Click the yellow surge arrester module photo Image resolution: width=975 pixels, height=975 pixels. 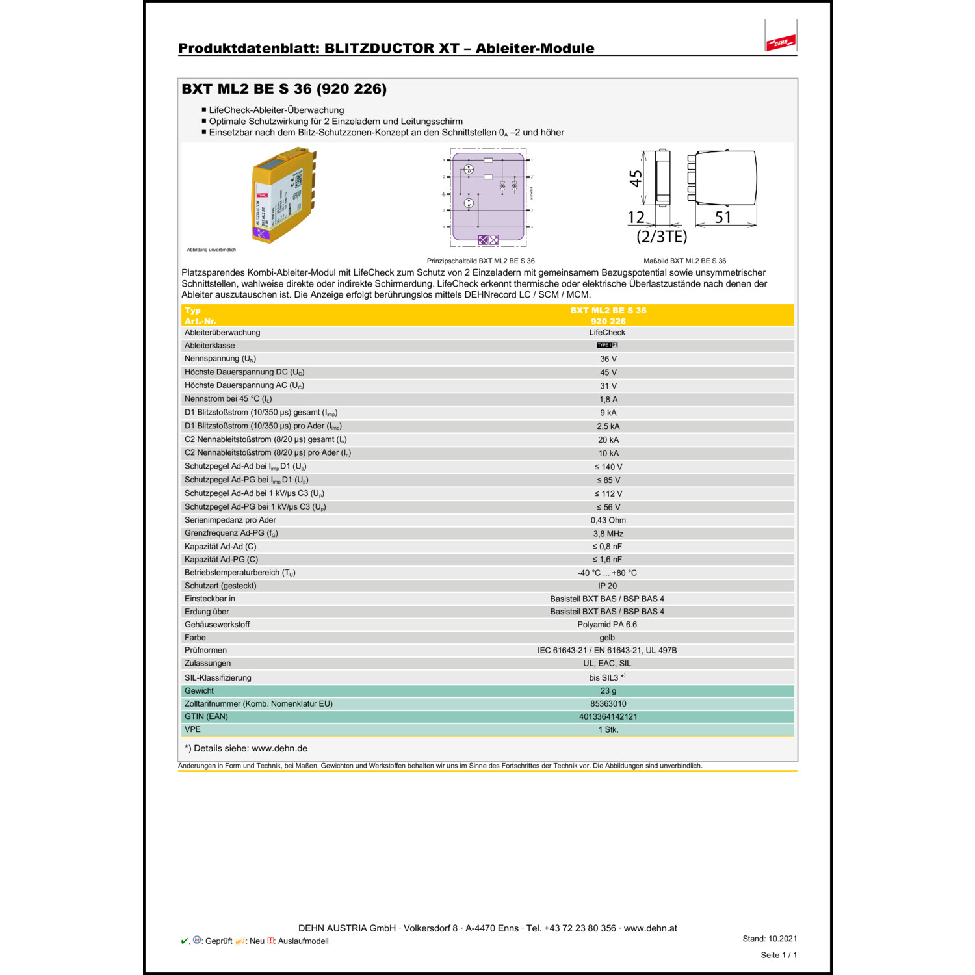click(285, 195)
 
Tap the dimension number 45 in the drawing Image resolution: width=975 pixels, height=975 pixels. click(636, 178)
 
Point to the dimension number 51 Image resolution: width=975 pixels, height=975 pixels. click(723, 217)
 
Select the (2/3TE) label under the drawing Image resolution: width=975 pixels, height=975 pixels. click(662, 237)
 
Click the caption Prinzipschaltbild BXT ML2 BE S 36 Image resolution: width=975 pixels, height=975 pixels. click(480, 261)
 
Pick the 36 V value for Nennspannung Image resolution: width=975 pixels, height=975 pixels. click(608, 359)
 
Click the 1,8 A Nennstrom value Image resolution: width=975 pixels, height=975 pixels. click(608, 399)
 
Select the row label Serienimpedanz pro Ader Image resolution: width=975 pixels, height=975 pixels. click(230, 520)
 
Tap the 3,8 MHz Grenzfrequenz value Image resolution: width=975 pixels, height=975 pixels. click(608, 534)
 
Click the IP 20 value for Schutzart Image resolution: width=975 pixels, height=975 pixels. click(607, 586)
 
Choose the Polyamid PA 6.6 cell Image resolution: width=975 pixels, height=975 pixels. click(607, 625)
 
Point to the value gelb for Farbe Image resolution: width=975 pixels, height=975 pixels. click(607, 638)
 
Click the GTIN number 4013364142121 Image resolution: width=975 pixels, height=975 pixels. click(608, 716)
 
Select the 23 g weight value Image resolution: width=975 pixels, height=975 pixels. click(608, 691)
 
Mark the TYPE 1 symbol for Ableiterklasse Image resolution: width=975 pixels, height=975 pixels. click(607, 345)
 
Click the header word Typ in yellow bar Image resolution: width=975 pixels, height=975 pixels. click(192, 311)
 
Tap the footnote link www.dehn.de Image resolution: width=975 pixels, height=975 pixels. click(279, 748)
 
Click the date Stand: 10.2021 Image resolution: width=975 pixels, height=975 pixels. click(770, 939)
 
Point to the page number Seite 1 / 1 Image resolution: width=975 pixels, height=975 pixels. click(778, 955)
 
